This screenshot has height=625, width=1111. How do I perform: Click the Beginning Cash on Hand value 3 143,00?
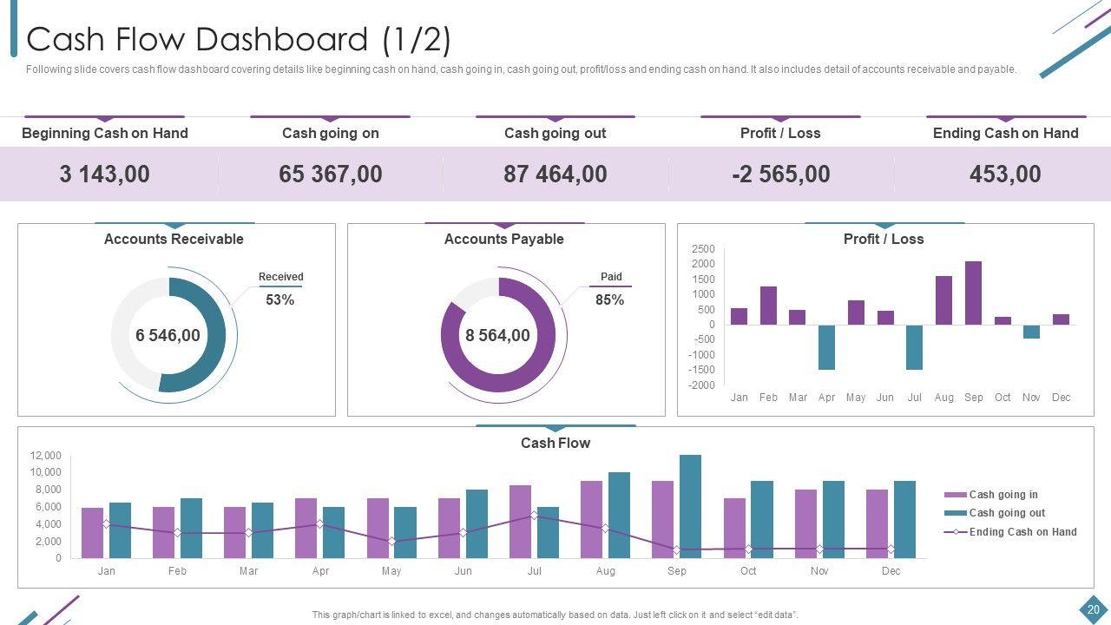(104, 174)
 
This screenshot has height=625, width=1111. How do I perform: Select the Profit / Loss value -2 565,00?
(780, 174)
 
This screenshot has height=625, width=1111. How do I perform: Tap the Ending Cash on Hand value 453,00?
(1005, 174)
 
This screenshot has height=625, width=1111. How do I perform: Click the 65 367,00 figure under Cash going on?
(330, 174)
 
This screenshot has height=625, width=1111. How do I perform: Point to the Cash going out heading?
(555, 133)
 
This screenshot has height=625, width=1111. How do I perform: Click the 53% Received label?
(279, 299)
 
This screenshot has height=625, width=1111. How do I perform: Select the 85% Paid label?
(609, 299)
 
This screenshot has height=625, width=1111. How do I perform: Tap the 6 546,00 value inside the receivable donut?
(168, 335)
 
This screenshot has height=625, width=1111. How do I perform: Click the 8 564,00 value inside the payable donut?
(497, 335)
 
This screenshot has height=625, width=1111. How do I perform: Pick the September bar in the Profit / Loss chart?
(973, 293)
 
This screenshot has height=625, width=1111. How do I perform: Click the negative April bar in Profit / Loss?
(826, 347)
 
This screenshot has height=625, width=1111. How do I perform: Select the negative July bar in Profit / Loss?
(914, 347)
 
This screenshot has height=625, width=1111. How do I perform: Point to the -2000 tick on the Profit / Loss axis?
(703, 385)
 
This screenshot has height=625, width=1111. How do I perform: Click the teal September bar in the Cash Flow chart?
(690, 506)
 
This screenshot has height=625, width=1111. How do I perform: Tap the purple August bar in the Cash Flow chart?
(591, 519)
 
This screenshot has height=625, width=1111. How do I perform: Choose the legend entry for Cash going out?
(1006, 513)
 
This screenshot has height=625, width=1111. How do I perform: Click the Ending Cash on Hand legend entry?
(1022, 532)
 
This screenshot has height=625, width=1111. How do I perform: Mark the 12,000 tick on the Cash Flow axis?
(46, 456)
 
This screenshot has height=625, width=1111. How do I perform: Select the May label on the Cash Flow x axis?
(391, 571)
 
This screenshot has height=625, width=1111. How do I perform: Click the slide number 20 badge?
(1093, 609)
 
